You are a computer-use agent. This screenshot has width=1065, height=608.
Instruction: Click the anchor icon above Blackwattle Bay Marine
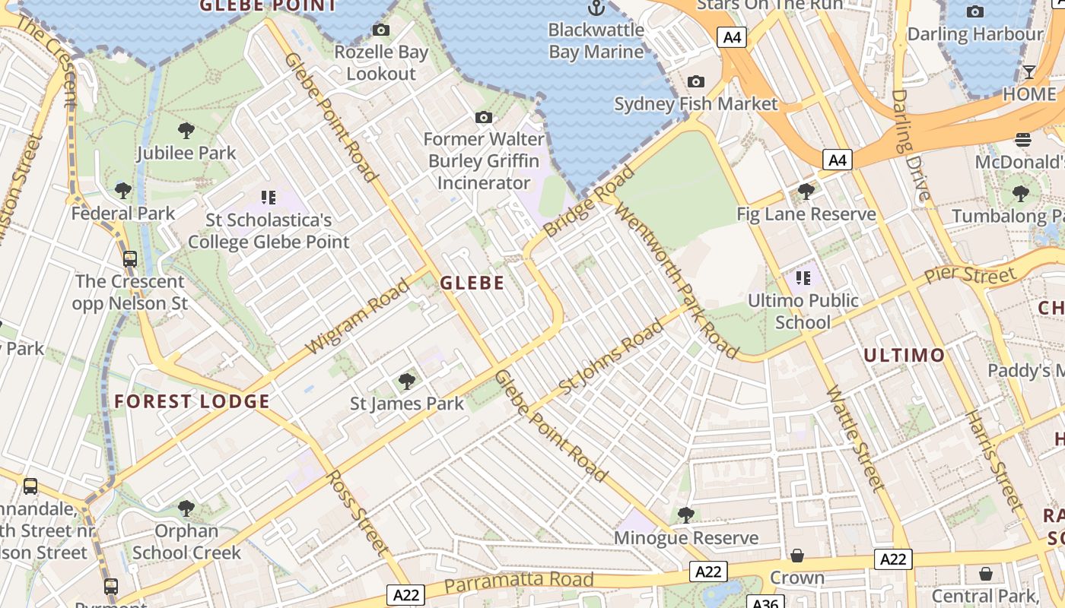tap(596, 8)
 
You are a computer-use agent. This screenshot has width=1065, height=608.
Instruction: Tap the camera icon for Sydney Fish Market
tap(695, 82)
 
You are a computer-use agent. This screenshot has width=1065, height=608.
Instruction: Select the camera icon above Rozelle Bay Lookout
tap(381, 30)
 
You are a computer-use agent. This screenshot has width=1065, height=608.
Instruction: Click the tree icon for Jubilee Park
tap(186, 131)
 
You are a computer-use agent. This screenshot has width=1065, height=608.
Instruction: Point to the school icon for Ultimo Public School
tap(803, 279)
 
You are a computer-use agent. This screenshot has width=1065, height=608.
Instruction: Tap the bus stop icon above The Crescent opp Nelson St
tap(130, 259)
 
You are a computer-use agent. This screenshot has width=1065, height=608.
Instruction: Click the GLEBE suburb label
tap(472, 283)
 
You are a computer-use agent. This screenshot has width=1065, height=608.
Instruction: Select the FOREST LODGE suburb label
tap(192, 401)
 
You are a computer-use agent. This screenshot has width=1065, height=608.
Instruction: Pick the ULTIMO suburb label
tap(904, 355)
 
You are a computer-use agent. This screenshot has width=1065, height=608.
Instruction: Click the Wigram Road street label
tap(358, 317)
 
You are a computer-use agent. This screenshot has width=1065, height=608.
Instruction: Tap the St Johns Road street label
tap(611, 357)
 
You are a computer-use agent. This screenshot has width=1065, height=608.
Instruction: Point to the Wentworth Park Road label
tap(676, 280)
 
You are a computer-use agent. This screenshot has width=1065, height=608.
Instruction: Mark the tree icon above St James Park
tap(407, 381)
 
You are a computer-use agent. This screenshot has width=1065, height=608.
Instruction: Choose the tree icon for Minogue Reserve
tap(686, 515)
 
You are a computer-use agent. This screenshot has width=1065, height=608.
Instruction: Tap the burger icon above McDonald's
tap(1023, 140)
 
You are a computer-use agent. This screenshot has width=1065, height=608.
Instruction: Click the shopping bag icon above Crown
tap(796, 556)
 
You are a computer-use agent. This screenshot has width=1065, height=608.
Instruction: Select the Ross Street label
tap(358, 512)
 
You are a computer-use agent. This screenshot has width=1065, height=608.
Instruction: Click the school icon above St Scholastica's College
tap(268, 198)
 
